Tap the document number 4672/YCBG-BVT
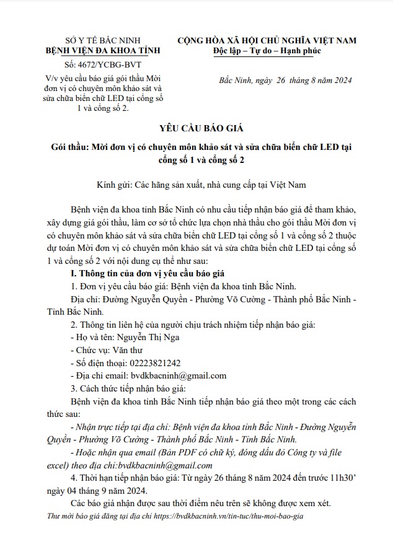click(95, 64)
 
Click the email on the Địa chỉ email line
click(179, 375)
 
